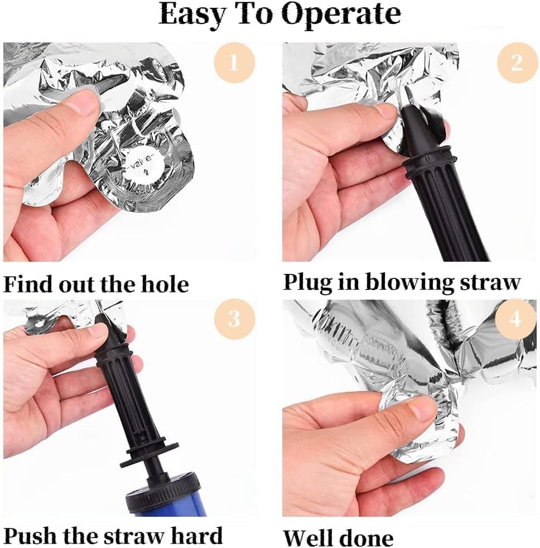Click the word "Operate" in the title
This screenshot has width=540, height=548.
coord(341,15)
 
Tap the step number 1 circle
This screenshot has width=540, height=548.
coord(234,63)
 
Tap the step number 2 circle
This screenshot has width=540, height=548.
coord(518,63)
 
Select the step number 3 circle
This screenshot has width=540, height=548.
coord(234,319)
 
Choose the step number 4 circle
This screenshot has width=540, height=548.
coord(516,319)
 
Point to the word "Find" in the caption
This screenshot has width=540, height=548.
coord(28,284)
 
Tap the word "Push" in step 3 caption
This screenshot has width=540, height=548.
coord(28,535)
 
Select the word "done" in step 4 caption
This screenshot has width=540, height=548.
coord(366,537)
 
